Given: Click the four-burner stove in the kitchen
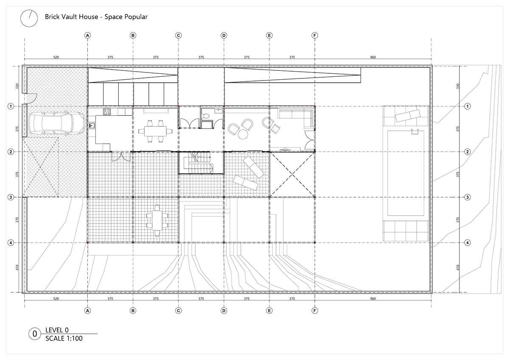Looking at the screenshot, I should [x=107, y=112].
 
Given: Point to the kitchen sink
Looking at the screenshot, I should [x=92, y=126].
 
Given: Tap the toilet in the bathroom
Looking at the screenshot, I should [x=206, y=116].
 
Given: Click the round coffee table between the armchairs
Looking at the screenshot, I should [x=243, y=134].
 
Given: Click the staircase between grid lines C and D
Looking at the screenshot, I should [x=201, y=163].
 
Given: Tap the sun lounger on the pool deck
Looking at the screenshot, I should [x=407, y=115].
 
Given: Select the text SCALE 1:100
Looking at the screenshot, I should [x=64, y=338].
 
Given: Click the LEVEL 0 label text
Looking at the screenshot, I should [x=57, y=330].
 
